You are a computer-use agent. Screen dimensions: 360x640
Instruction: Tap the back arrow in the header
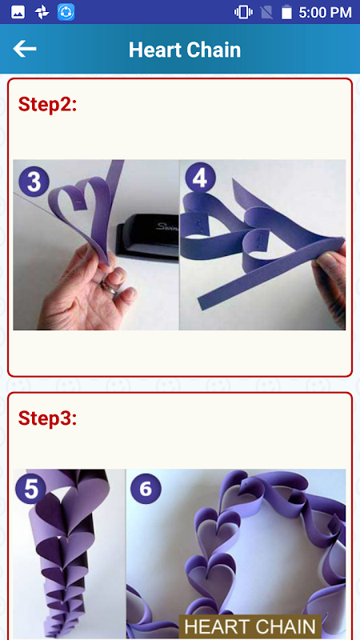(x=25, y=49)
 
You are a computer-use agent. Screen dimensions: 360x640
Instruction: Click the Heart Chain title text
(x=185, y=50)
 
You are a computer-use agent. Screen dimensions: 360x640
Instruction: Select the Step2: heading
(x=47, y=105)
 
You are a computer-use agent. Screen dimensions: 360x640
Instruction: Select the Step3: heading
(x=47, y=418)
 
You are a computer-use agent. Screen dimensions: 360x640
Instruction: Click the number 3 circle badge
(x=34, y=182)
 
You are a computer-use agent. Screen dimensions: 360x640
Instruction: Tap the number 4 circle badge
(x=200, y=178)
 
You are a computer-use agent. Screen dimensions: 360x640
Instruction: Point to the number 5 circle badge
(x=30, y=489)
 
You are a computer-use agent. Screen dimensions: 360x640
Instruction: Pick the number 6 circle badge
(x=146, y=489)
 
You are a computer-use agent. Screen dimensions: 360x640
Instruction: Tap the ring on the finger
(x=110, y=289)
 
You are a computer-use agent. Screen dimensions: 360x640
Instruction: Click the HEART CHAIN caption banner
(x=250, y=626)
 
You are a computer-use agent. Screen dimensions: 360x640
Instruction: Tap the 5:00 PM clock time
(x=325, y=12)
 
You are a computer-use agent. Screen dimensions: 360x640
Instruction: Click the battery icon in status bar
(x=286, y=12)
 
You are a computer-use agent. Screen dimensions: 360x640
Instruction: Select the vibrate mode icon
(x=243, y=12)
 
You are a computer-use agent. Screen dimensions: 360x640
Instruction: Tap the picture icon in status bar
(x=18, y=12)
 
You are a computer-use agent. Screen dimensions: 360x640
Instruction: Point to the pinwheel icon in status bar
(x=42, y=12)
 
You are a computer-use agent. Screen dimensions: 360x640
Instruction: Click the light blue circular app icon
(x=66, y=12)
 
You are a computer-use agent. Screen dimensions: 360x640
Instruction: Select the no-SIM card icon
(x=266, y=12)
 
